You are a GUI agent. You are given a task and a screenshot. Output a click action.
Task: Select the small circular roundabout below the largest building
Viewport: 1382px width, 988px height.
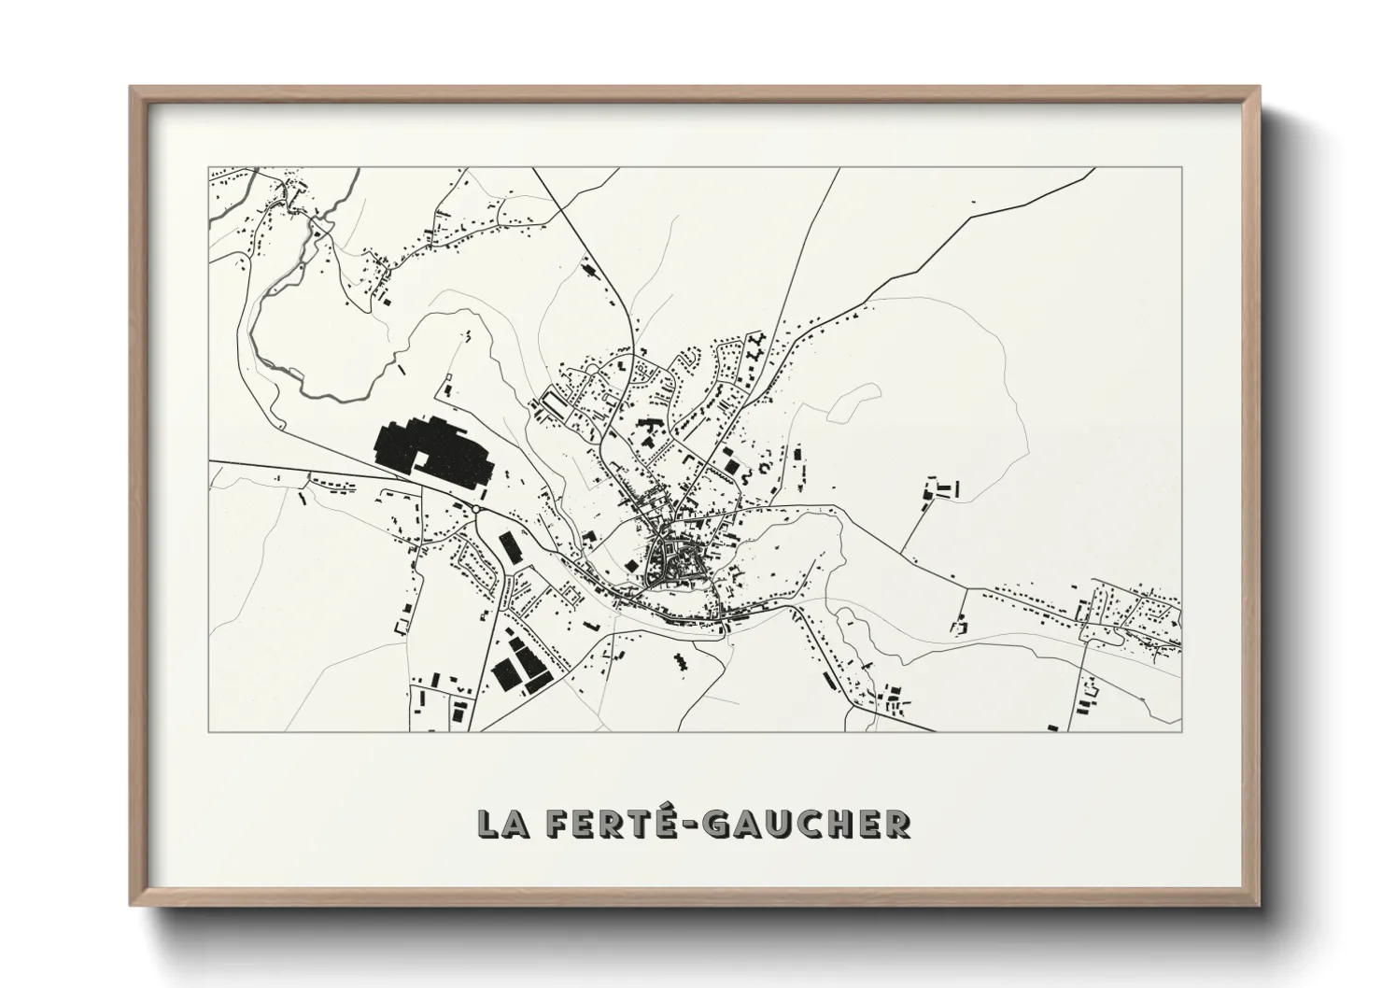pyautogui.click(x=477, y=509)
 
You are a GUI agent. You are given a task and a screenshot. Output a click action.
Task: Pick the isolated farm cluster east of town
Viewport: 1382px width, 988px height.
pyautogui.click(x=941, y=489)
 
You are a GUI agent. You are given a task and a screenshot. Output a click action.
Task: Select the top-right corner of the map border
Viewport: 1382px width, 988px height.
pyautogui.click(x=1181, y=168)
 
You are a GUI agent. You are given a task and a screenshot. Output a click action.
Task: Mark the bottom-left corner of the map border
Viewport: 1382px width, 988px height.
pyautogui.click(x=209, y=731)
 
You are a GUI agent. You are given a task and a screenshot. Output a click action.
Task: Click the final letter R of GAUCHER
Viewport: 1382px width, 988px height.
pyautogui.click(x=898, y=823)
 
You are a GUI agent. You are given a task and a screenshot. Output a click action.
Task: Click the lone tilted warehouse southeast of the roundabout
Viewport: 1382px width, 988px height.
pyautogui.click(x=509, y=546)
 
